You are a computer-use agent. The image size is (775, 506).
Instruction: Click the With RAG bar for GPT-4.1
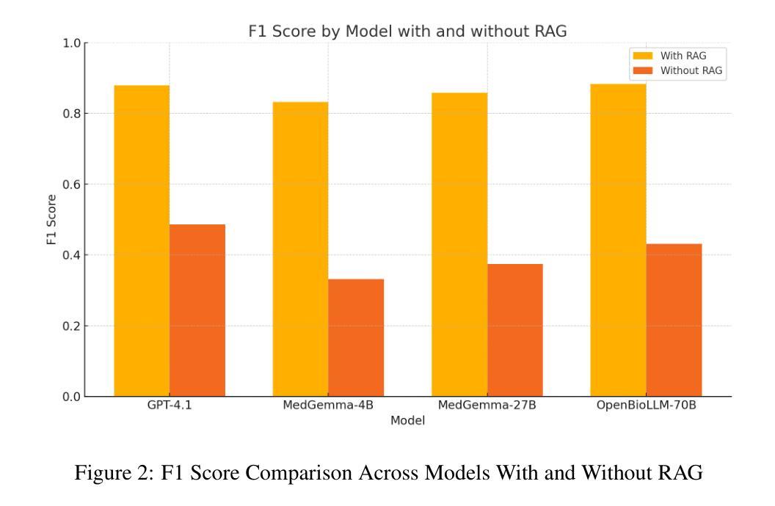point(142,241)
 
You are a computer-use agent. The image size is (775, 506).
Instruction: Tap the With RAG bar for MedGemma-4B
point(300,249)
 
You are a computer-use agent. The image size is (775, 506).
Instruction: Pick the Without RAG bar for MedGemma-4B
point(356,337)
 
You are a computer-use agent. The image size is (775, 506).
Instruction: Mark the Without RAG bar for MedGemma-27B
point(515,330)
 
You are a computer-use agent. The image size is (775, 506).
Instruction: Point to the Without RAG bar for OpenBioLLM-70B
point(674,320)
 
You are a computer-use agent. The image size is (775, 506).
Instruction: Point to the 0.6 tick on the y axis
point(85,184)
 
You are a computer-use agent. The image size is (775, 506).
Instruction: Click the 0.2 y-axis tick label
point(72,326)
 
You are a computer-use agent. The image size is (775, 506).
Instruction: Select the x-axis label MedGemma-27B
point(487,408)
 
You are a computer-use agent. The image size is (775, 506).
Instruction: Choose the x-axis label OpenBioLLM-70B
point(646,408)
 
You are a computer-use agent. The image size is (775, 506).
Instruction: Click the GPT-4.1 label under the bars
point(170,408)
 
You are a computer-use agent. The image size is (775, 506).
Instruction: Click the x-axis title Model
point(408,421)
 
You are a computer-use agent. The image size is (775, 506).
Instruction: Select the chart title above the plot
point(408,32)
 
